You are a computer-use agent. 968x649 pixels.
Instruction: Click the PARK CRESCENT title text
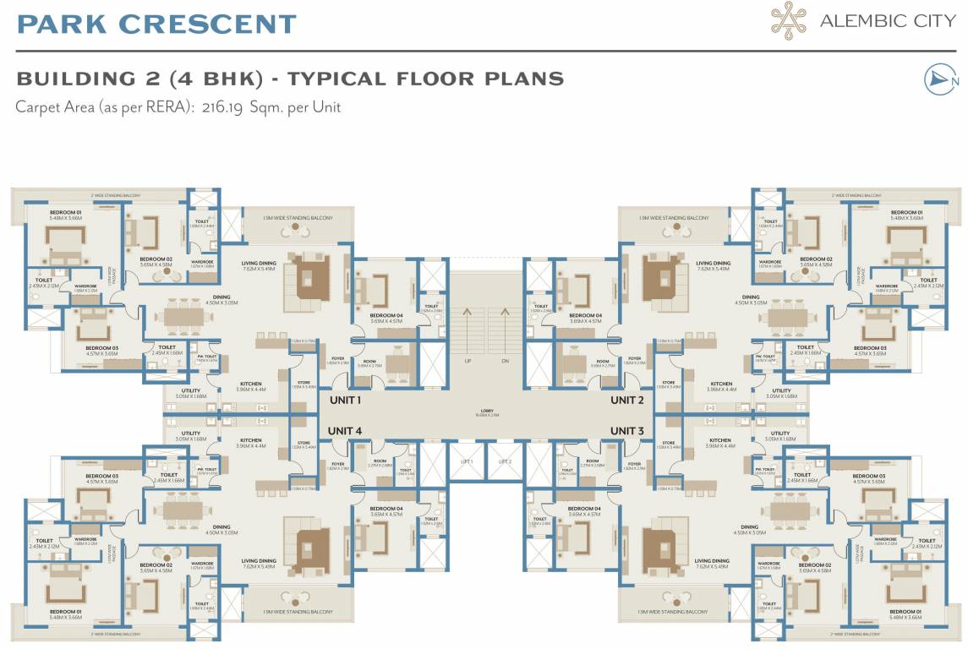156,24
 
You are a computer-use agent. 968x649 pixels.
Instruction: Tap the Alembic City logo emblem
790,19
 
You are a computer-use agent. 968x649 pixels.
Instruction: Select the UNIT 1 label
345,400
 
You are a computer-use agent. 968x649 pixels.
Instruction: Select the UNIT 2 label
627,400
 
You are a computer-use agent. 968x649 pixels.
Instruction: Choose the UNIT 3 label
627,431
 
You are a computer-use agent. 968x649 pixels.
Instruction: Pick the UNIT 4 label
345,431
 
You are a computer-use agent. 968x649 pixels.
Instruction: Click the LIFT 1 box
466,462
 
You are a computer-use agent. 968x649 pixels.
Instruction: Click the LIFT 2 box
505,462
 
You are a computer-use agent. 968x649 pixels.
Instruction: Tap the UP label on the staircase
467,361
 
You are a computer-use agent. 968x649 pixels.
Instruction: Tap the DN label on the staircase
505,361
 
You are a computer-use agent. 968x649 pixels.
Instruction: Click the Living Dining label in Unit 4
259,561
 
